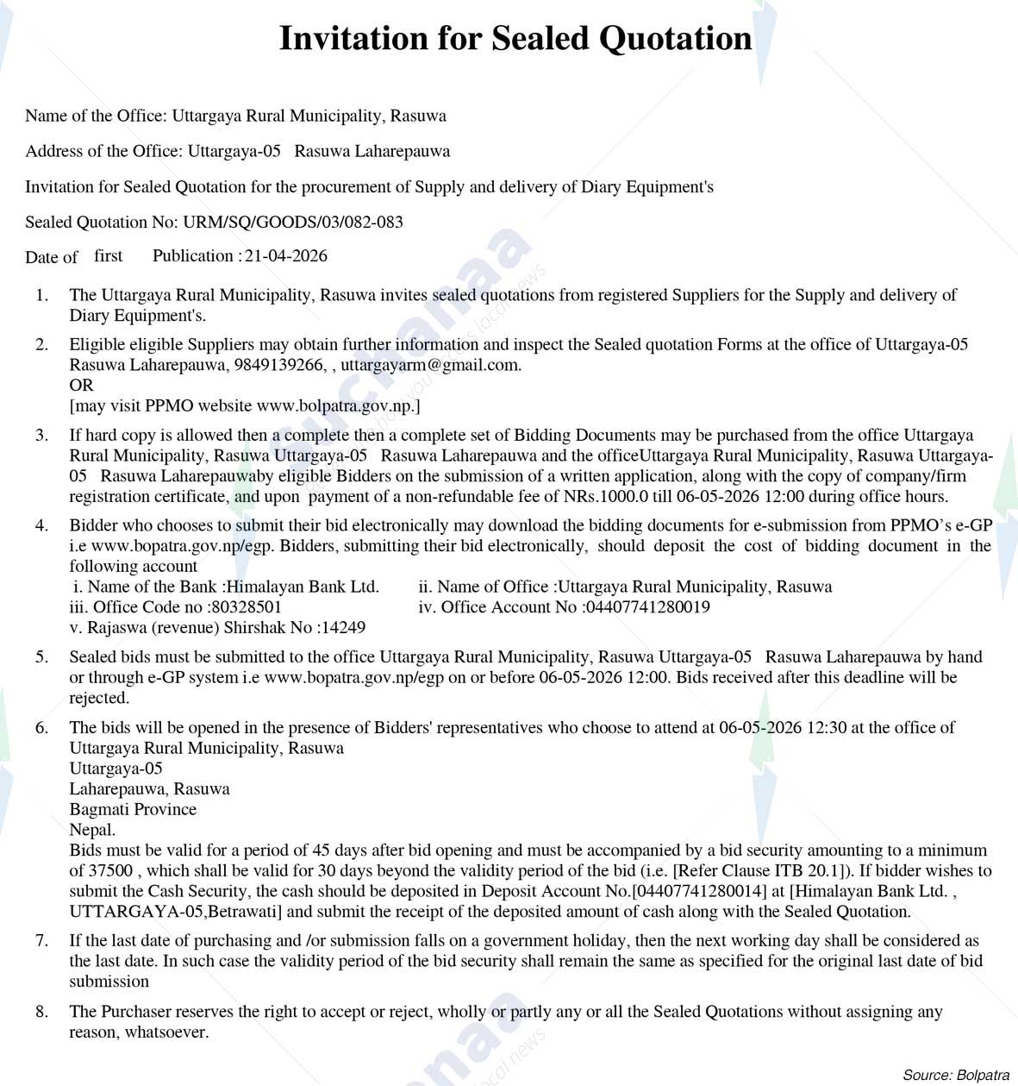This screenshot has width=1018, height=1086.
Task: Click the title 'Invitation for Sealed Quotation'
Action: [515, 39]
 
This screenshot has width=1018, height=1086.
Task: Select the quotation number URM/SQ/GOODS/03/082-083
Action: [293, 223]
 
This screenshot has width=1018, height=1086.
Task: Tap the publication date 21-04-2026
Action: [286, 256]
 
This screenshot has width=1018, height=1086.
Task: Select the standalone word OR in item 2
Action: [81, 386]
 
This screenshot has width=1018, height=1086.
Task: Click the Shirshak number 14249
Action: [341, 628]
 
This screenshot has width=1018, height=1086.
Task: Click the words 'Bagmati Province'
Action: [133, 810]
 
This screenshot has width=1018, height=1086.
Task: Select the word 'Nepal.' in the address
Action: [92, 830]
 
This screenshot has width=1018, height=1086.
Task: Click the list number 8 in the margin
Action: [41, 1012]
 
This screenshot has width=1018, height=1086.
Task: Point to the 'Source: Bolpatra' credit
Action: [955, 1075]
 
